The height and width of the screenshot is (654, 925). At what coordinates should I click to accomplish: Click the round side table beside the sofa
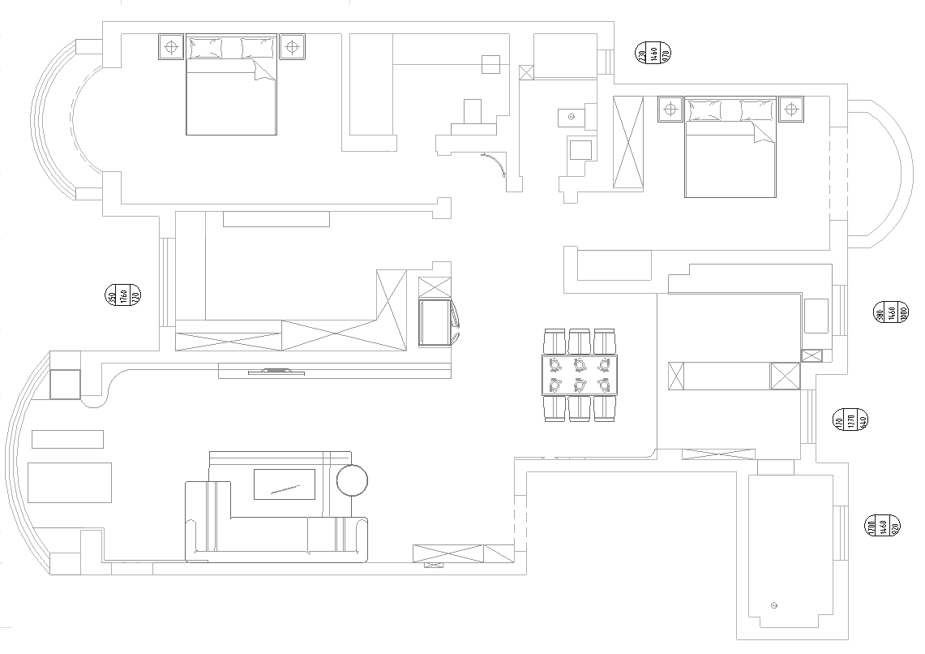coord(352,480)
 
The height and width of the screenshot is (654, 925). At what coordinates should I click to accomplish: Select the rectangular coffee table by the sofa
coord(284,484)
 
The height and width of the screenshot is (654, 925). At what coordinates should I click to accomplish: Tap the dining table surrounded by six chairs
coord(579,374)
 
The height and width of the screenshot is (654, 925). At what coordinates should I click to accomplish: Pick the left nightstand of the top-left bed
coord(170,46)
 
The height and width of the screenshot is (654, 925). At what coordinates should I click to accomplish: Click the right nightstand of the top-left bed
coord(292,46)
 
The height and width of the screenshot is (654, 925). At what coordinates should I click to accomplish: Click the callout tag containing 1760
coord(123,296)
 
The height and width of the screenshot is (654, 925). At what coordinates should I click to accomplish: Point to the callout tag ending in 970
coord(653,54)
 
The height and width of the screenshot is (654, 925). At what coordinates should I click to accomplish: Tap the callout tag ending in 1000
coord(891,311)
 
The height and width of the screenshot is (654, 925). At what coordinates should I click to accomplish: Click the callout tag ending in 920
coord(883,526)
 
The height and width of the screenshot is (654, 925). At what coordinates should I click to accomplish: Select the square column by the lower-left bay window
coord(65,384)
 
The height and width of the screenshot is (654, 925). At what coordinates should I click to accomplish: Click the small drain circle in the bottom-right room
coord(773,606)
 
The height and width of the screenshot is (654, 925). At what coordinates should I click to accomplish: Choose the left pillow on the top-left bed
coord(204,49)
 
